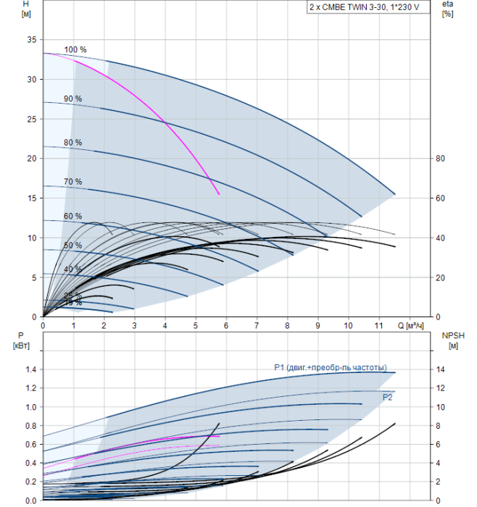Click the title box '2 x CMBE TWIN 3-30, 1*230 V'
tap(364, 7)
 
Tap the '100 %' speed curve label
tap(75, 50)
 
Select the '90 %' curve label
tap(73, 99)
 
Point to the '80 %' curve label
tap(73, 142)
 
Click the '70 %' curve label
tap(73, 182)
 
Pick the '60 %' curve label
tap(73, 217)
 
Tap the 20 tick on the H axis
tap(31, 158)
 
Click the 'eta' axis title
tap(447, 4)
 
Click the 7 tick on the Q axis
tap(257, 326)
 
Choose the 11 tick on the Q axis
tap(378, 326)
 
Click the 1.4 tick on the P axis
tap(30, 369)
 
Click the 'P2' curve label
tap(387, 397)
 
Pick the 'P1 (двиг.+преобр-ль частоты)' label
tap(331, 367)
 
